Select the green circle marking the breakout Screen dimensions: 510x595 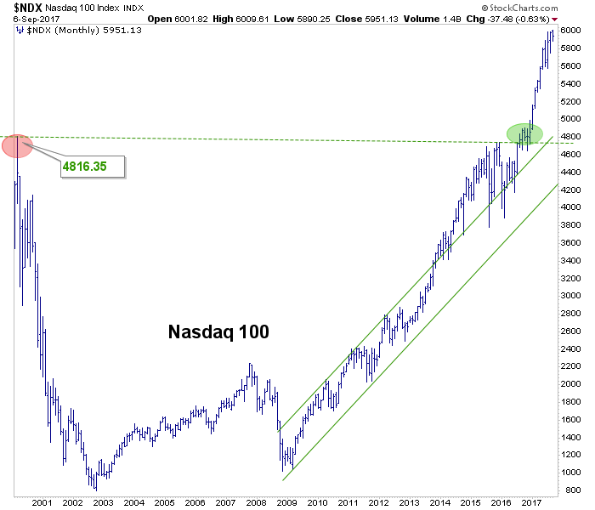click(524, 133)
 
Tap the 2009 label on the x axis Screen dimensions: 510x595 click(287, 503)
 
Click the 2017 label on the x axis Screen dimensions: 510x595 click(532, 503)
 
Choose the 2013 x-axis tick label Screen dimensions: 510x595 click(410, 503)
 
